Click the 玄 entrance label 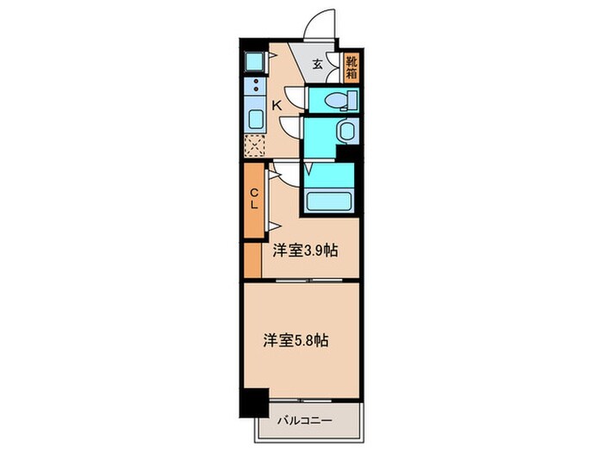[x=318, y=64]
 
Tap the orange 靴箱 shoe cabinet [x=351, y=67]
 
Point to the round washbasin [x=345, y=131]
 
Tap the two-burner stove [x=257, y=89]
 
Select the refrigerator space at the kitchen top [x=257, y=61]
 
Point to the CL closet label [x=255, y=199]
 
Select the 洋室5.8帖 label [x=295, y=339]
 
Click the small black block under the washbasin [x=347, y=153]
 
